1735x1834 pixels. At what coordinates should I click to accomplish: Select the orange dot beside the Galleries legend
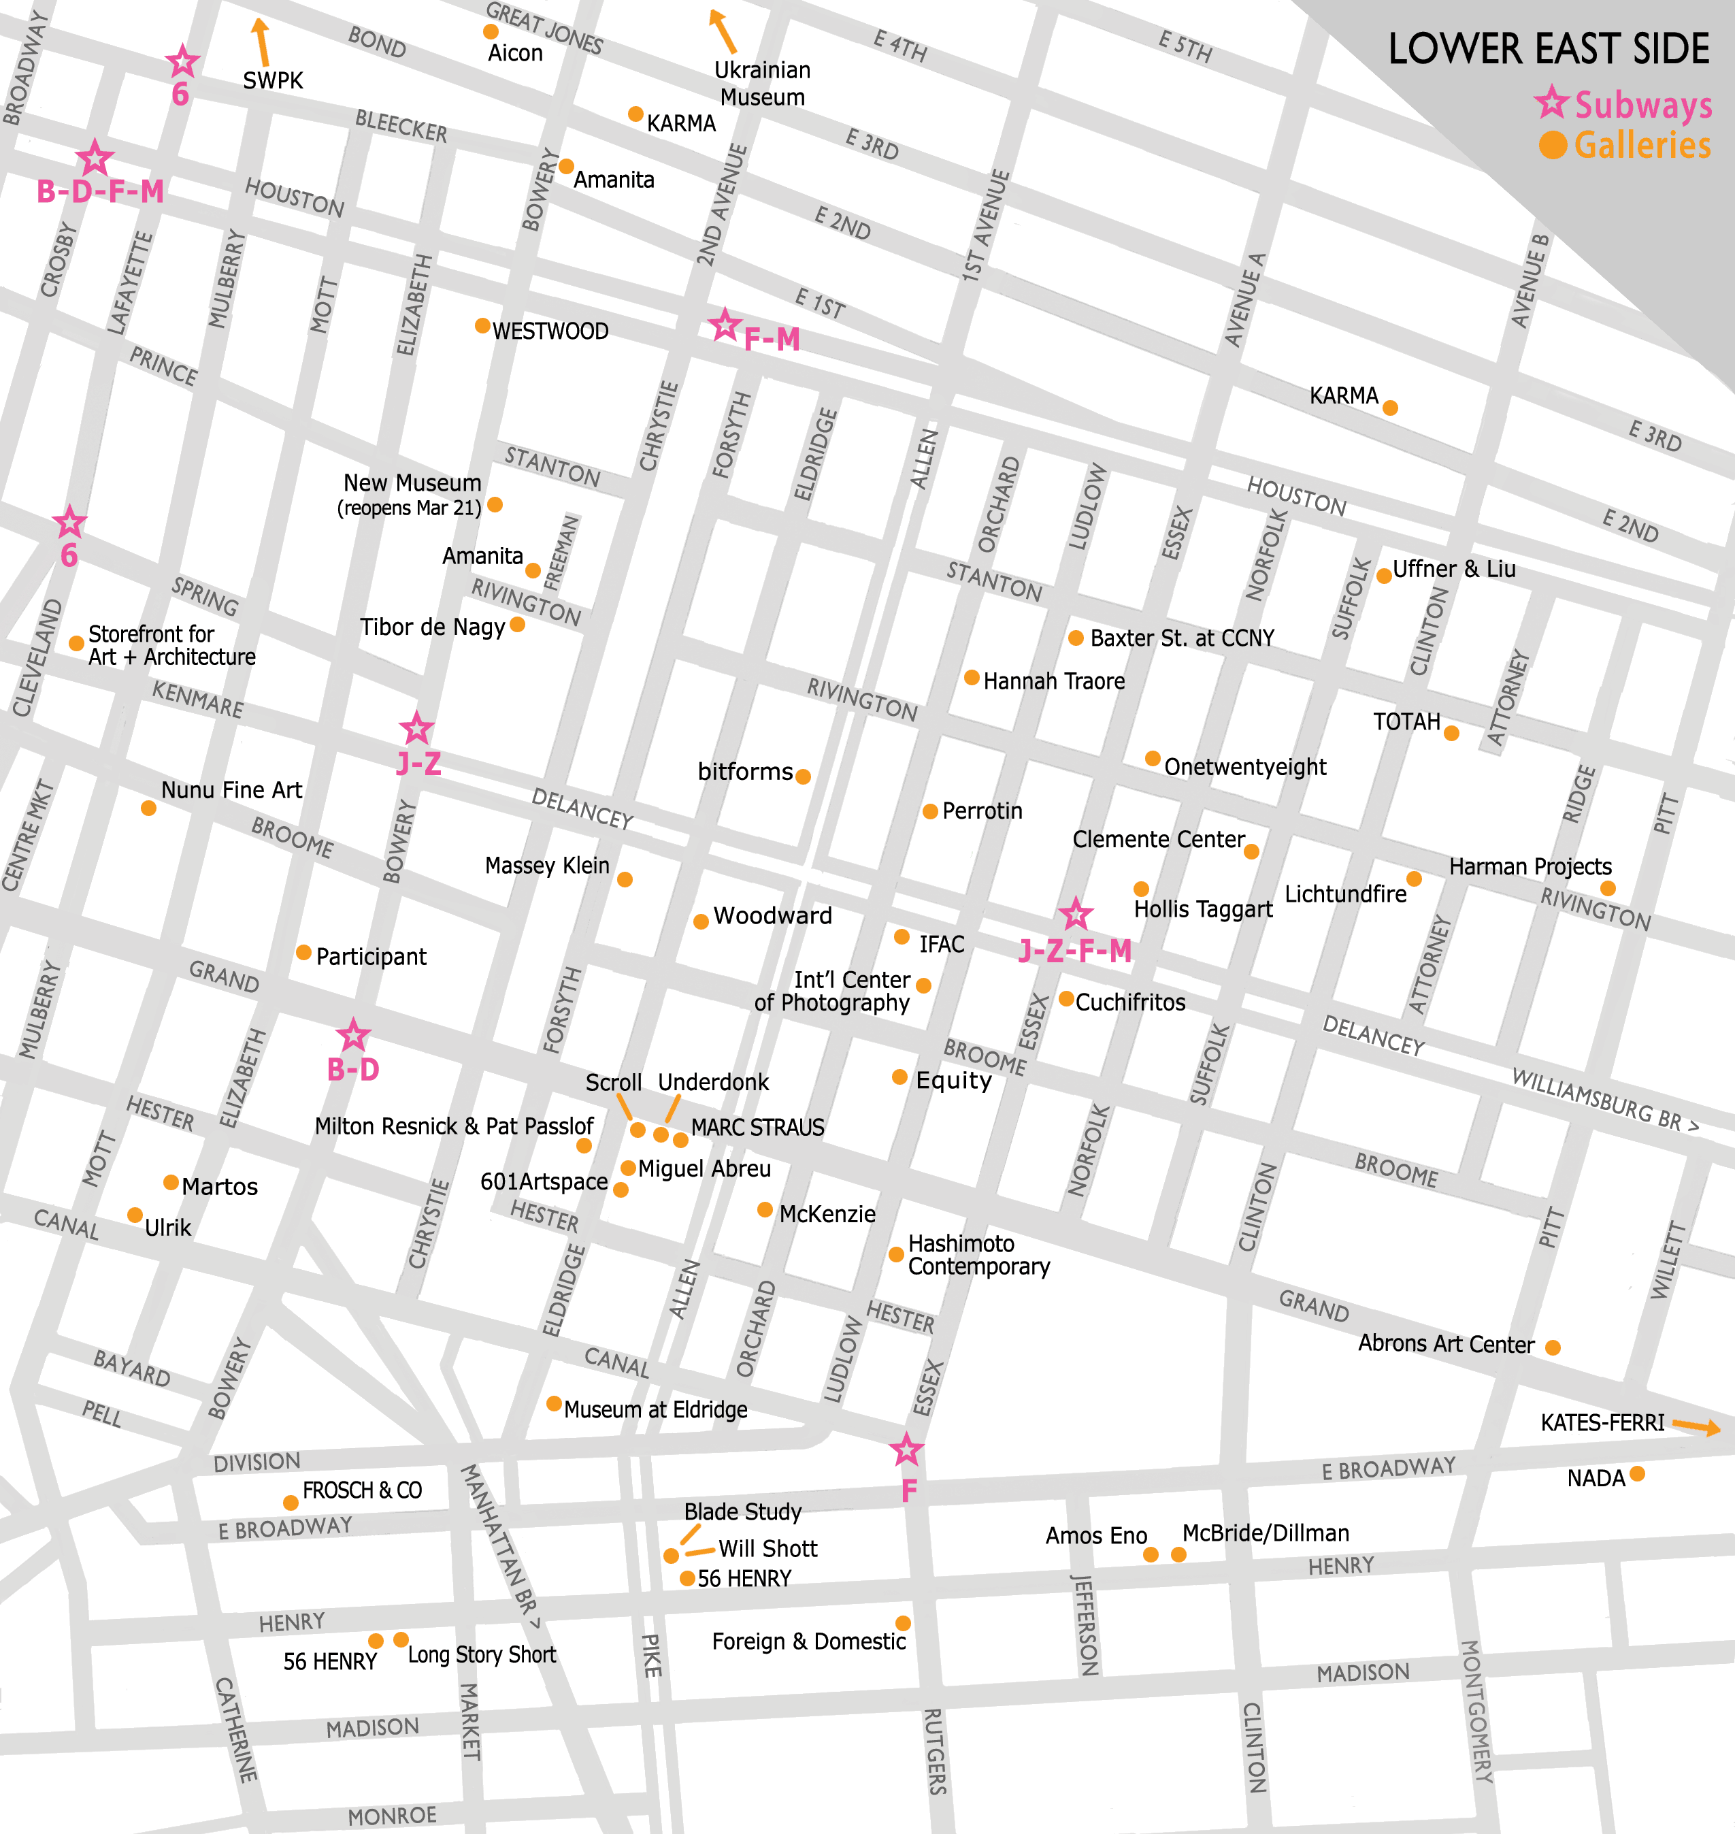1553,145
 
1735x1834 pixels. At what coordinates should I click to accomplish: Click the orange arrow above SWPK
262,42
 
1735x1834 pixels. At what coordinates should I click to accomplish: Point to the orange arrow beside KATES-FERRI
1696,1426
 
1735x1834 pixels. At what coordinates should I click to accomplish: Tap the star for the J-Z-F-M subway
1074,915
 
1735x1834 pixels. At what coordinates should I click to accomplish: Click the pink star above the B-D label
353,1035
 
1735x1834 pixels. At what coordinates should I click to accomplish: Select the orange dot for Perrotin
930,811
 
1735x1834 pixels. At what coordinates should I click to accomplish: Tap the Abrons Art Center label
1446,1344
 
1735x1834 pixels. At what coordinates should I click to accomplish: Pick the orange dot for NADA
1637,1473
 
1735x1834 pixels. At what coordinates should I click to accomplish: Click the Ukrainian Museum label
762,83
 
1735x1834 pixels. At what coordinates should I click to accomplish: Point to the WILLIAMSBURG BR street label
1604,1100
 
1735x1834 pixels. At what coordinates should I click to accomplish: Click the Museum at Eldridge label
656,1409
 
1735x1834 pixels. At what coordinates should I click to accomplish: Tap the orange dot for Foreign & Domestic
903,1623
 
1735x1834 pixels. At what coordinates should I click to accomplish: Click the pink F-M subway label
772,340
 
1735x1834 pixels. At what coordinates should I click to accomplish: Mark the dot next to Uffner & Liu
1383,576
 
